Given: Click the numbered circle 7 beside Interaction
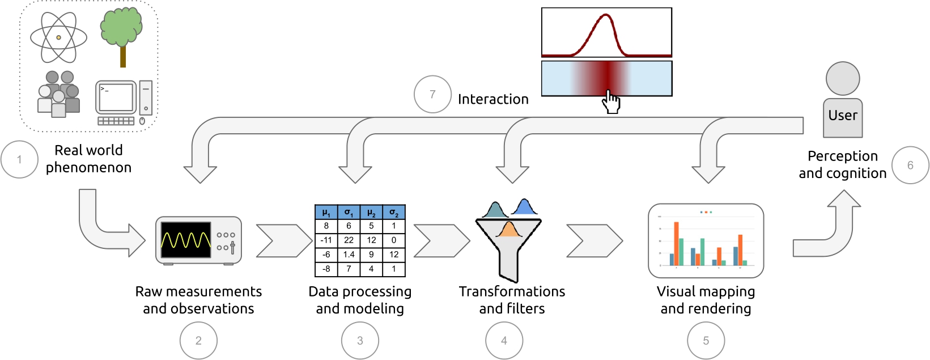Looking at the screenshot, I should (432, 94).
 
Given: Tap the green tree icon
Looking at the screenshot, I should (121, 34).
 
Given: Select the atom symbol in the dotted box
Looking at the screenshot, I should (58, 37).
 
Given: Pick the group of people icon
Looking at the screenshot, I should (58, 94).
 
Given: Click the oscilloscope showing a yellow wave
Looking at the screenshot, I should (198, 240).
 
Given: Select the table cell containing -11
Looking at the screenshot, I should (326, 240).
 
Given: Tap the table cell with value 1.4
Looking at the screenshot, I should (349, 255).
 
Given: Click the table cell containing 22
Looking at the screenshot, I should (349, 240).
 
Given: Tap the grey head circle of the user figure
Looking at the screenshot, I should (843, 78).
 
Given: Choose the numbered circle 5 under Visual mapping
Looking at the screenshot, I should (706, 340).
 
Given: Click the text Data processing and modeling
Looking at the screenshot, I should (360, 300).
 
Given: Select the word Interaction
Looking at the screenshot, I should (493, 99).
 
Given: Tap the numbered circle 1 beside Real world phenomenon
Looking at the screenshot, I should (19, 159).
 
